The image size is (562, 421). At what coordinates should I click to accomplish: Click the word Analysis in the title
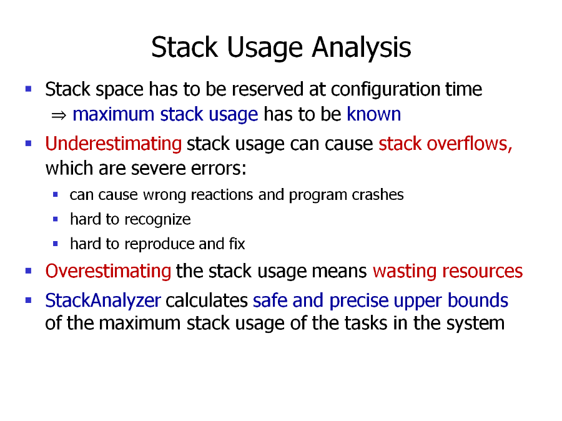click(x=362, y=47)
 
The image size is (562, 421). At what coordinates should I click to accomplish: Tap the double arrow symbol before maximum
click(x=59, y=116)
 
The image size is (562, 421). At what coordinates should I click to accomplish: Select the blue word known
click(x=373, y=114)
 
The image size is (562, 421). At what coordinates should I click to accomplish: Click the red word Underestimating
click(x=113, y=144)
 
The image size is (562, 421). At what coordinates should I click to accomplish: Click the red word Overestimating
click(x=108, y=270)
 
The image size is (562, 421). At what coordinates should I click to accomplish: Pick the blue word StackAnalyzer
click(x=103, y=300)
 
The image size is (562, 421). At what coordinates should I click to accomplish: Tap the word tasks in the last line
click(x=367, y=323)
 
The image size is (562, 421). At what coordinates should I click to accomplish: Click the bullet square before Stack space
click(x=29, y=89)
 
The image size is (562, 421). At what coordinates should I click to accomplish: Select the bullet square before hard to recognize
click(x=55, y=219)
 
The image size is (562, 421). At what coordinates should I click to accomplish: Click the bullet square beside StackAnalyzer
click(x=29, y=300)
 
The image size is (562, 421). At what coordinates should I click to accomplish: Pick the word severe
click(x=158, y=168)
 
